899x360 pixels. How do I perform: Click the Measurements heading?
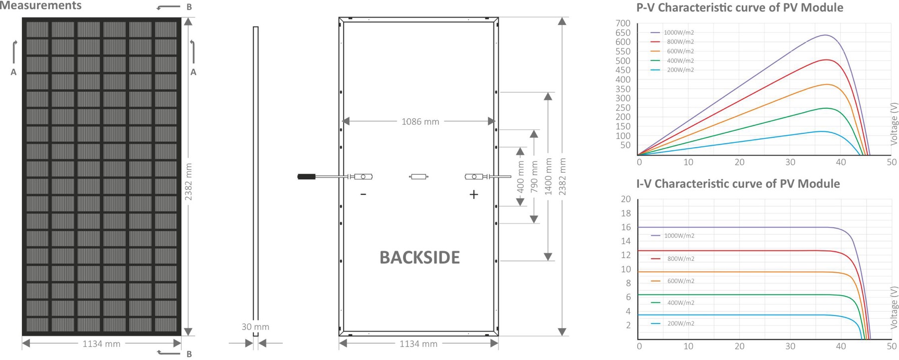tap(40, 5)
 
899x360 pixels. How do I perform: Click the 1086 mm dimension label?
tap(420, 121)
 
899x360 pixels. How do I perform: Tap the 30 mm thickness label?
tap(255, 327)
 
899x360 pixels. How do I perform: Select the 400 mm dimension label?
tap(520, 177)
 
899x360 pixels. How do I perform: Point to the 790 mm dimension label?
tap(534, 177)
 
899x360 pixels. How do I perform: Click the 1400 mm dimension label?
tap(548, 177)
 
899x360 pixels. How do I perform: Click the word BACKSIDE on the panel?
tap(420, 258)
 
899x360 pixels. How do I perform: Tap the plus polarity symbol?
tap(474, 194)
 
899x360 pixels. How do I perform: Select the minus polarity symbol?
tap(363, 194)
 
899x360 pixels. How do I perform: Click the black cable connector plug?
tap(307, 176)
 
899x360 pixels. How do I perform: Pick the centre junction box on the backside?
tap(419, 176)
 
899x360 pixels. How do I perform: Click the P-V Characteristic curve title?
tap(740, 7)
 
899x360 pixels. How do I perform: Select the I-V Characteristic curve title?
tap(738, 184)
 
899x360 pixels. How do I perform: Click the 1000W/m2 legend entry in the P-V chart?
tap(672, 32)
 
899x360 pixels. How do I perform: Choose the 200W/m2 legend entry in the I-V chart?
tap(673, 324)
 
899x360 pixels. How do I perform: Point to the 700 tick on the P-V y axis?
tap(623, 23)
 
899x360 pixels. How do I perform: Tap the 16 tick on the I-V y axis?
tap(626, 227)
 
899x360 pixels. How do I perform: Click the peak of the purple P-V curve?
tap(825, 35)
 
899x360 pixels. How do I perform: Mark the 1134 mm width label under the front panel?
tap(101, 344)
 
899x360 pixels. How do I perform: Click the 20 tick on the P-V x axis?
tap(740, 162)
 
